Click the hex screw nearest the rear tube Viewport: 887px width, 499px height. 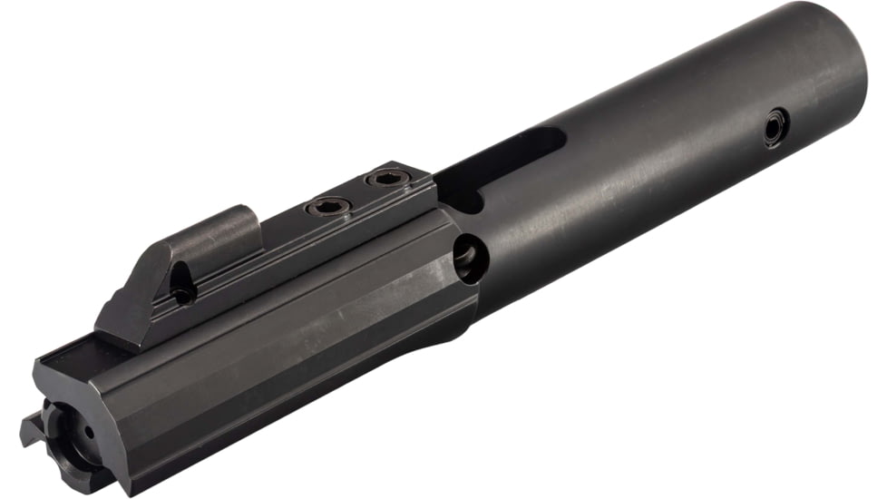[x=388, y=180]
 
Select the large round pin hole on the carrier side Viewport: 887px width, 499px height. [x=469, y=258]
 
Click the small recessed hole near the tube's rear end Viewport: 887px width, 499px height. [x=775, y=126]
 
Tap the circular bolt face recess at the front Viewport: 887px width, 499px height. [x=68, y=435]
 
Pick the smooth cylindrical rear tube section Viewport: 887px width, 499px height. [x=662, y=154]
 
